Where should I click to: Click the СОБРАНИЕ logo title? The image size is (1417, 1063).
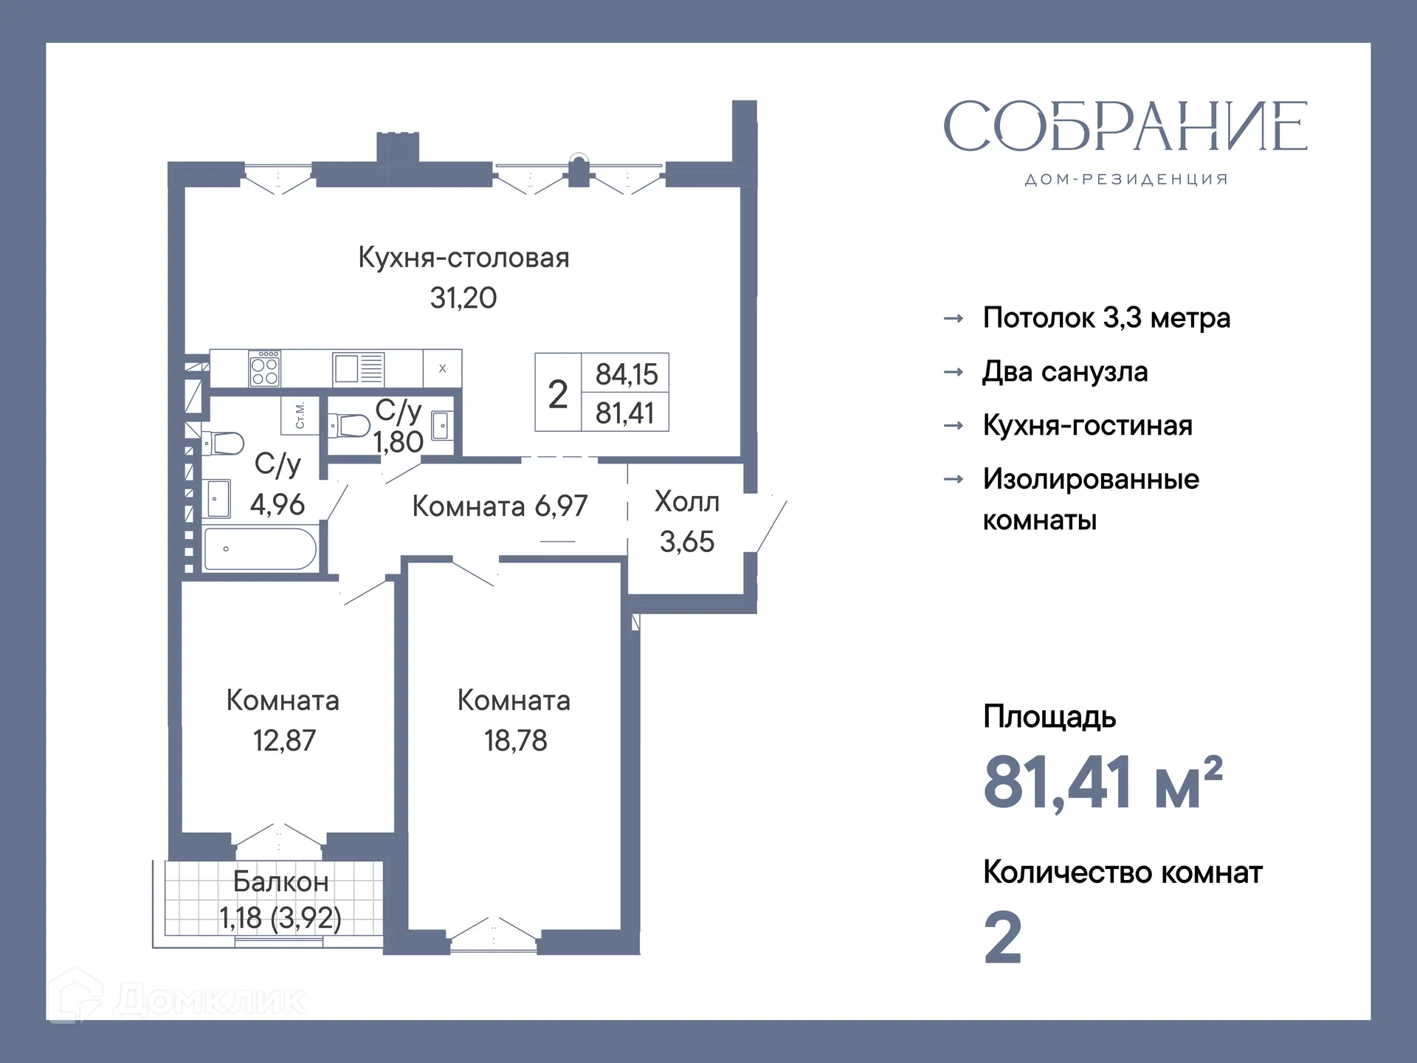[x=1125, y=126]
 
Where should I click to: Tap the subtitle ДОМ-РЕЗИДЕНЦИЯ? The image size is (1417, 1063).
[x=1126, y=179]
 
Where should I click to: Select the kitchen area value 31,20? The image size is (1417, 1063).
[x=463, y=298]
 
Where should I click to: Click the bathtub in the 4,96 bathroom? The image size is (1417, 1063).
[x=260, y=548]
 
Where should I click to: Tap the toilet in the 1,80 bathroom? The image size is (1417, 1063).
[x=350, y=426]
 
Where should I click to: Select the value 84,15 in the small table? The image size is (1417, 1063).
[x=626, y=374]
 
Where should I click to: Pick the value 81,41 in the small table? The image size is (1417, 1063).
[x=625, y=413]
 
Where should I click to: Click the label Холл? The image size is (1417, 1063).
[x=686, y=502]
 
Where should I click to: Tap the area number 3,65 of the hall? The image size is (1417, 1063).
[x=686, y=542]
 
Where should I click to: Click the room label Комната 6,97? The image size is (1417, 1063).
[x=500, y=506]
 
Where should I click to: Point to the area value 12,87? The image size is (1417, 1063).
[x=284, y=740]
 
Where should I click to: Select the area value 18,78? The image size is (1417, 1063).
[x=515, y=740]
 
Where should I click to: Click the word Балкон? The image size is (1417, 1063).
[x=280, y=881]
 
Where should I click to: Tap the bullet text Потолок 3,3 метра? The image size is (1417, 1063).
[x=1106, y=318]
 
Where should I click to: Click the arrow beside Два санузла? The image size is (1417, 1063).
[x=954, y=372]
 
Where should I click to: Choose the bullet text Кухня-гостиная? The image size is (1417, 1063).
[x=1087, y=426]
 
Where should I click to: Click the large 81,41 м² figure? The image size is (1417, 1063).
[x=1103, y=782]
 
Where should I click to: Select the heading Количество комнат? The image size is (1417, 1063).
[x=1122, y=873]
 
